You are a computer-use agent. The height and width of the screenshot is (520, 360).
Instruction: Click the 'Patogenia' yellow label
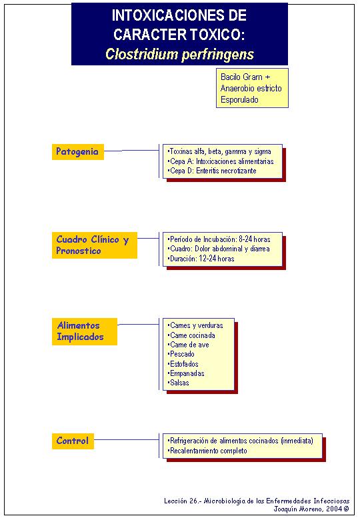78,152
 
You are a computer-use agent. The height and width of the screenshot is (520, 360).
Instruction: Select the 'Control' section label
73,441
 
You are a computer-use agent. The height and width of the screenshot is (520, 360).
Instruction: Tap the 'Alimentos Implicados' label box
85,331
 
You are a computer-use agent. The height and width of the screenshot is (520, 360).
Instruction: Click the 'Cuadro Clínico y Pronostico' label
95,245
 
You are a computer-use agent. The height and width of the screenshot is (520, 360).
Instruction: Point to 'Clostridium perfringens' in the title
179,54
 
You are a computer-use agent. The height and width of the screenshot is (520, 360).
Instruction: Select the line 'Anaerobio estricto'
251,88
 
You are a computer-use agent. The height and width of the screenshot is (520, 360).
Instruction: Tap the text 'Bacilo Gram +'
245,77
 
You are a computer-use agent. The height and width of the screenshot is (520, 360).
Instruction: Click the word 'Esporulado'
239,99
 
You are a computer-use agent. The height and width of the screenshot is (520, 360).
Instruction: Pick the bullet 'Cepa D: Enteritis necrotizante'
212,171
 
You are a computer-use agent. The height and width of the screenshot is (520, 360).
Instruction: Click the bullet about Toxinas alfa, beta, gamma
219,151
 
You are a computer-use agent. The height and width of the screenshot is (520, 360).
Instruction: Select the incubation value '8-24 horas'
255,239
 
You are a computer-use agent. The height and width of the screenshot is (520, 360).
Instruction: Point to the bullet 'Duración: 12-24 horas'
201,259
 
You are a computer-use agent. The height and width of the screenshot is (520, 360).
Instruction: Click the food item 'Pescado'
181,354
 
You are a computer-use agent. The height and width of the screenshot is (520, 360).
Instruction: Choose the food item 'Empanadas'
186,373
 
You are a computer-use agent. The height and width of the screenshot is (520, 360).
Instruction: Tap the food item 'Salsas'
179,383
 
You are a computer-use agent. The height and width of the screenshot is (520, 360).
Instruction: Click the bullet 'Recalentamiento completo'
207,451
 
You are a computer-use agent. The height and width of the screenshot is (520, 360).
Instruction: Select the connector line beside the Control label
127,440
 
